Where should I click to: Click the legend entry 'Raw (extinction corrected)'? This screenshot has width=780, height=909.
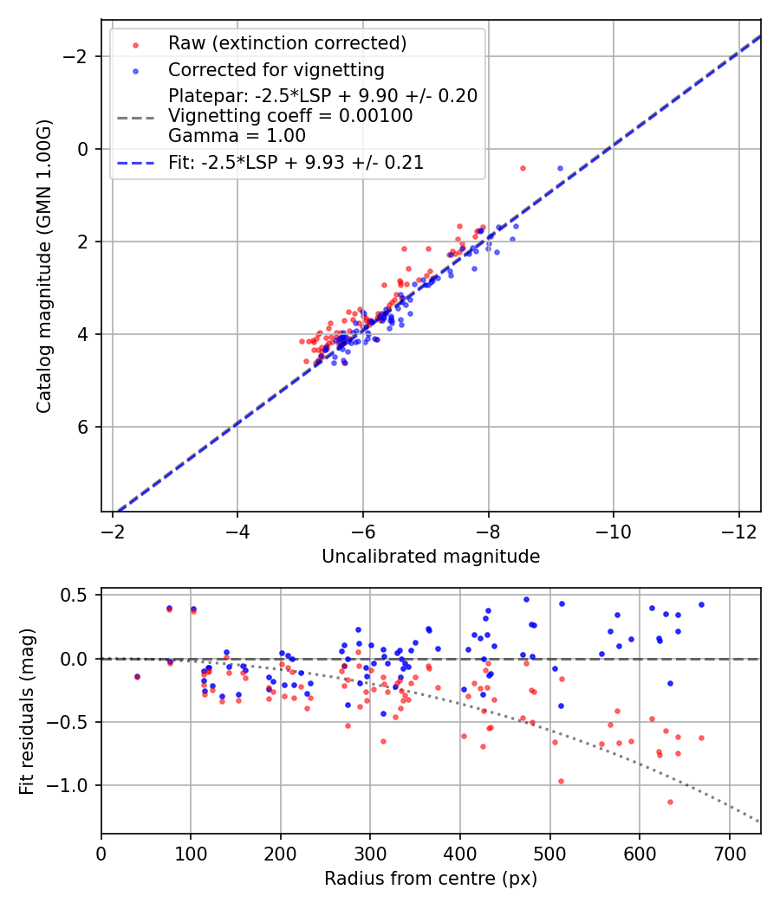pyautogui.click(x=287, y=43)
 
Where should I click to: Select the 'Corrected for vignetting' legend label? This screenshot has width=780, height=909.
pyautogui.click(x=276, y=69)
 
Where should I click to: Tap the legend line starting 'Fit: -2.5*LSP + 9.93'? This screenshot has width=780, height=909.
pyautogui.click(x=296, y=162)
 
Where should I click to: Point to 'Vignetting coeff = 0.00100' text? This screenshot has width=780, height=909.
pyautogui.click(x=290, y=116)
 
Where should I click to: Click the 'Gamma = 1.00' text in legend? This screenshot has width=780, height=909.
pyautogui.click(x=237, y=136)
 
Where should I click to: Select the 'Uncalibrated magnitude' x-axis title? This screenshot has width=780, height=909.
pyautogui.click(x=431, y=557)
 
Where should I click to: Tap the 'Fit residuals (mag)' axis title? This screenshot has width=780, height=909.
pyautogui.click(x=26, y=711)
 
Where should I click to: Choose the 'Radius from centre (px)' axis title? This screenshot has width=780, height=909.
pyautogui.click(x=431, y=879)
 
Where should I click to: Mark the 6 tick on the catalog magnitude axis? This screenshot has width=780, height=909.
pyautogui.click(x=84, y=427)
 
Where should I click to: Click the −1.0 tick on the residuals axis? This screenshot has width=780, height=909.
pyautogui.click(x=76, y=785)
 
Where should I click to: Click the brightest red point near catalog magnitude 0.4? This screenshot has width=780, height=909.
pyautogui.click(x=523, y=168)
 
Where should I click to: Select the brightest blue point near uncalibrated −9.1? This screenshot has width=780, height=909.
pyautogui.click(x=560, y=168)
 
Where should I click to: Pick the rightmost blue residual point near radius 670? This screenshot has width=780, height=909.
pyautogui.click(x=701, y=605)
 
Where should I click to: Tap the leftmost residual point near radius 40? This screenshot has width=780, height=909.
pyautogui.click(x=137, y=676)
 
